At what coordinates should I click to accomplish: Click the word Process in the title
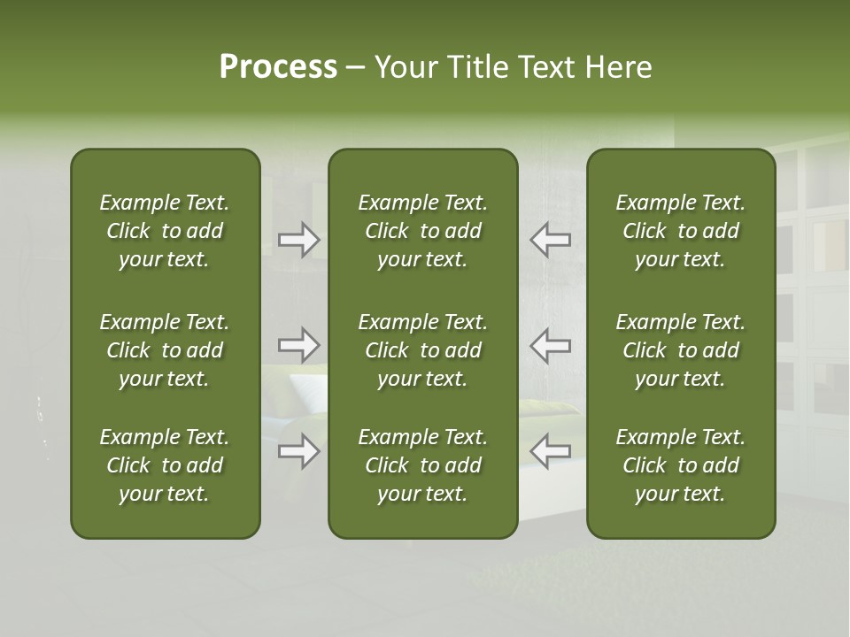(278, 66)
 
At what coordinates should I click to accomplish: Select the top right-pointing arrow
(299, 240)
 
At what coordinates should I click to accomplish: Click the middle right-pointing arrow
(299, 344)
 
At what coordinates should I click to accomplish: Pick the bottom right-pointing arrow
(299, 451)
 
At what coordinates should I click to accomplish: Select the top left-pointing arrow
(550, 240)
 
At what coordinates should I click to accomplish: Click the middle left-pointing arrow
(550, 344)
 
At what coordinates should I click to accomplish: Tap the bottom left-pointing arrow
(550, 451)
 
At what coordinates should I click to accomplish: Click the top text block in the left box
(165, 231)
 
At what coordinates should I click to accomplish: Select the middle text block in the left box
(165, 350)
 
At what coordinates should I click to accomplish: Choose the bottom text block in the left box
(165, 465)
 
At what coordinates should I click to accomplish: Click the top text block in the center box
(422, 231)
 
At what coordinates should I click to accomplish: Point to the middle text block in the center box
(422, 350)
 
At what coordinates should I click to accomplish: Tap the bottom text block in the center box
(422, 465)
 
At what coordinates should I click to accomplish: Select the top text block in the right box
(680, 231)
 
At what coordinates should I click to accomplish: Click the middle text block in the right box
(680, 350)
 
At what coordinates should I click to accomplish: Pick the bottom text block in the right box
(680, 465)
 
